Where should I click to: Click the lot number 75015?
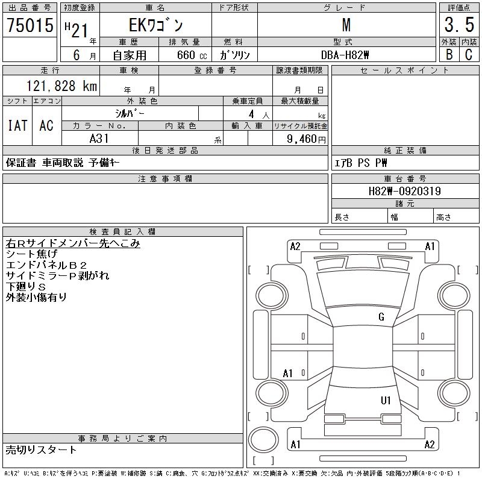pyautogui.click(x=30, y=25)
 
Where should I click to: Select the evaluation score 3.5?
pyautogui.click(x=459, y=25)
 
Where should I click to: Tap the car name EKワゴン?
pyautogui.click(x=155, y=25)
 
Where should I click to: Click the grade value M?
pyautogui.click(x=346, y=25)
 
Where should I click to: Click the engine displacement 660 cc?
pyautogui.click(x=187, y=55)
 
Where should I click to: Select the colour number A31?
pyautogui.click(x=99, y=138)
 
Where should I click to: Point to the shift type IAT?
pyautogui.click(x=17, y=125)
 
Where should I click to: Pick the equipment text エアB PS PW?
pyautogui.click(x=361, y=163)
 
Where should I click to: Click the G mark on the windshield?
pyautogui.click(x=381, y=317)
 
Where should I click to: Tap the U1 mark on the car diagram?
pyautogui.click(x=386, y=400)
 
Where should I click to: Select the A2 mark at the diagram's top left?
pyautogui.click(x=295, y=246)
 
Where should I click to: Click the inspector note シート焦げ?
pyautogui.click(x=31, y=254)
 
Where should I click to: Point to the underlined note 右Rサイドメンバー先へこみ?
pyautogui.click(x=72, y=243)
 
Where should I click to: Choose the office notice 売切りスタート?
pyautogui.click(x=41, y=449)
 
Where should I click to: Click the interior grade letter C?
pyautogui.click(x=468, y=55)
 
